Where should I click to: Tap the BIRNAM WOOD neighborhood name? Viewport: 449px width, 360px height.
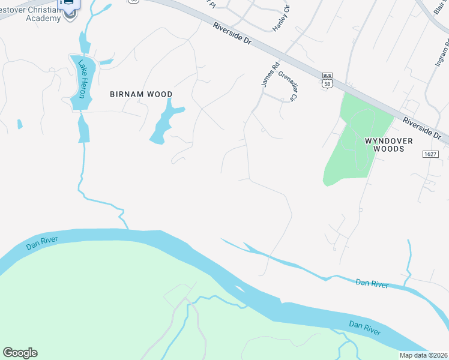[141, 94]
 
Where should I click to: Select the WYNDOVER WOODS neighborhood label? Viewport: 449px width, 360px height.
[389, 144]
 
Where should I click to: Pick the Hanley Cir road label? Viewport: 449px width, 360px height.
[281, 18]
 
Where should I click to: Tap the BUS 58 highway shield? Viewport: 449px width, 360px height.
[327, 80]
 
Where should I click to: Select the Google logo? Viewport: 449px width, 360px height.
[20, 353]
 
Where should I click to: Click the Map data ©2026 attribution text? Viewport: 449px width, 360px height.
[424, 355]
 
